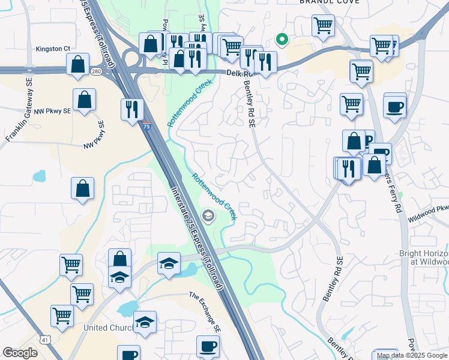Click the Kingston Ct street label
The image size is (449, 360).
click(x=53, y=49)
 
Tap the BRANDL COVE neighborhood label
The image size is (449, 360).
click(x=329, y=2)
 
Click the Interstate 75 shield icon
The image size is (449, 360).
click(x=147, y=126)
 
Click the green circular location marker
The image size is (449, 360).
click(x=281, y=40)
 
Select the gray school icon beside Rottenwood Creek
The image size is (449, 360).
click(x=208, y=215)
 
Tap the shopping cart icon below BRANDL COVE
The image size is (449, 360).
click(x=323, y=26)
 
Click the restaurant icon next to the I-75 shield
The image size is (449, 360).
click(x=131, y=109)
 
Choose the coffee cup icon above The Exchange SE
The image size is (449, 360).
click(x=208, y=346)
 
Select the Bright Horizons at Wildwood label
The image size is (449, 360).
click(x=424, y=257)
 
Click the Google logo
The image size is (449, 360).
click(x=20, y=353)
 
